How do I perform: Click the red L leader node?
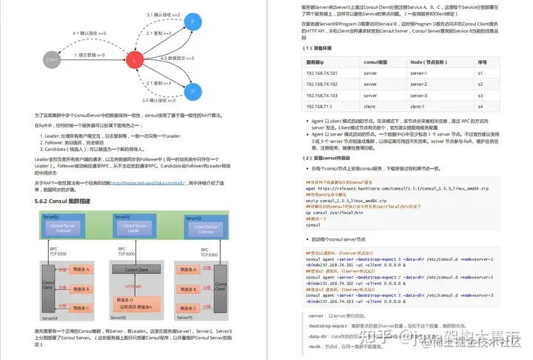[134, 57]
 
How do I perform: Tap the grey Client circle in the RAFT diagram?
[52, 57]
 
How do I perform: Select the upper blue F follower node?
[192, 23]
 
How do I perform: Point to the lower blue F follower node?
[192, 92]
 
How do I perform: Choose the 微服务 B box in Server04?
[78, 288]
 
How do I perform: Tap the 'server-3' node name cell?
[419, 95]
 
